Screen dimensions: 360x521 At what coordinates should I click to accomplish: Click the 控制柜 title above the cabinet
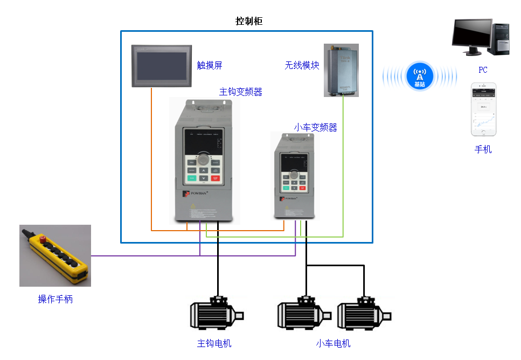[249, 22]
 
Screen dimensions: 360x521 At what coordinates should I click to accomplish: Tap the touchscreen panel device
[162, 66]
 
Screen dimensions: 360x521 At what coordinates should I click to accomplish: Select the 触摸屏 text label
[210, 66]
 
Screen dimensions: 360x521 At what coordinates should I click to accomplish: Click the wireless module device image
[341, 71]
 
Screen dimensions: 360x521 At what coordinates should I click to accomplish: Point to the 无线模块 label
[302, 66]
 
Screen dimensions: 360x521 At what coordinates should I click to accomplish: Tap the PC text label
[483, 70]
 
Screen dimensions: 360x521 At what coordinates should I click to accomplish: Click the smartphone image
[483, 109]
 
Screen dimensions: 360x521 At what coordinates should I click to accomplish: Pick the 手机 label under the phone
[483, 150]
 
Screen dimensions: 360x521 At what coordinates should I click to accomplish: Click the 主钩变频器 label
[240, 92]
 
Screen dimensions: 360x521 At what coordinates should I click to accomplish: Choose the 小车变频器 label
[315, 128]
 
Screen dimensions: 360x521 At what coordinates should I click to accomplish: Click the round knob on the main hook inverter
[203, 160]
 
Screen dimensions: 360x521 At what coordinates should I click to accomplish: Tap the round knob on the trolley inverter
[294, 175]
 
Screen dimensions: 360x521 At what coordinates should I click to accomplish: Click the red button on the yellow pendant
[41, 239]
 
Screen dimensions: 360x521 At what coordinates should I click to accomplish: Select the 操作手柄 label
[55, 299]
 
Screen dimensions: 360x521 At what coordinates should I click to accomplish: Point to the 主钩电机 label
[214, 343]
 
